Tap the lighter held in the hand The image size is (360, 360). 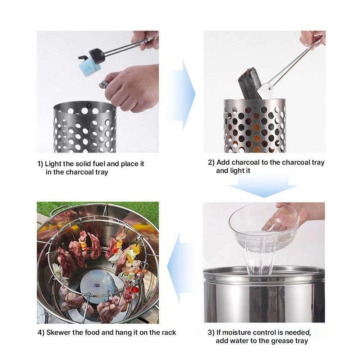[x=104, y=84]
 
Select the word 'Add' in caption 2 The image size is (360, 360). [x=223, y=162]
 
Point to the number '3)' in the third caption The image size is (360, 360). [x=211, y=332]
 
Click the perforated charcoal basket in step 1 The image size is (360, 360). [x=85, y=128]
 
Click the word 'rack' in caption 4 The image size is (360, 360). [x=168, y=332]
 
